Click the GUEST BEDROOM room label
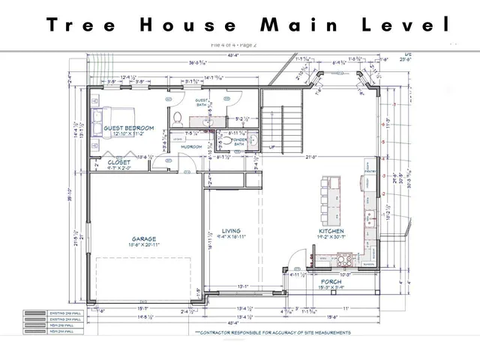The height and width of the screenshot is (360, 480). click(x=129, y=128)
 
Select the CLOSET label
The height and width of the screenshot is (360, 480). click(x=118, y=162)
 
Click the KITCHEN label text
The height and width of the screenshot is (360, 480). click(x=331, y=232)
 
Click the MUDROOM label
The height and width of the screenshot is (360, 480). click(x=191, y=147)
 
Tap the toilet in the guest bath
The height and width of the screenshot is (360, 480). click(x=178, y=118)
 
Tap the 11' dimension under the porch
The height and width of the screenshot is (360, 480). click(x=347, y=308)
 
